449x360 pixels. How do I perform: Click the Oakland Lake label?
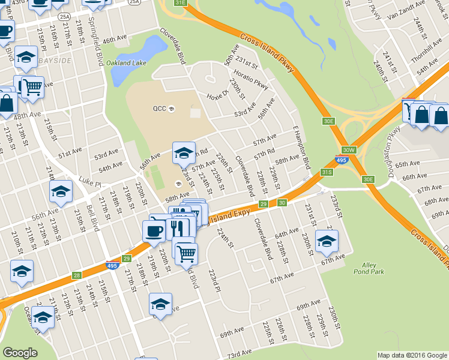click(x=127, y=62)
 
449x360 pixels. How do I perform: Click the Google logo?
click(x=20, y=353)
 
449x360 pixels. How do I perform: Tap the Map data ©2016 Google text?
click(x=412, y=355)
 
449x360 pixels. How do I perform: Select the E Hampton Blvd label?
click(x=301, y=148)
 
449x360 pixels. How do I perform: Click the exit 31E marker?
click(x=181, y=3)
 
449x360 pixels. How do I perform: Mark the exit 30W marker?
click(x=349, y=149)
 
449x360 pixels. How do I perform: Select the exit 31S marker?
click(x=327, y=172)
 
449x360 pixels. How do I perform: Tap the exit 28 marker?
click(x=76, y=275)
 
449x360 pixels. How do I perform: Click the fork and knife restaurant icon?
click(x=176, y=227)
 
